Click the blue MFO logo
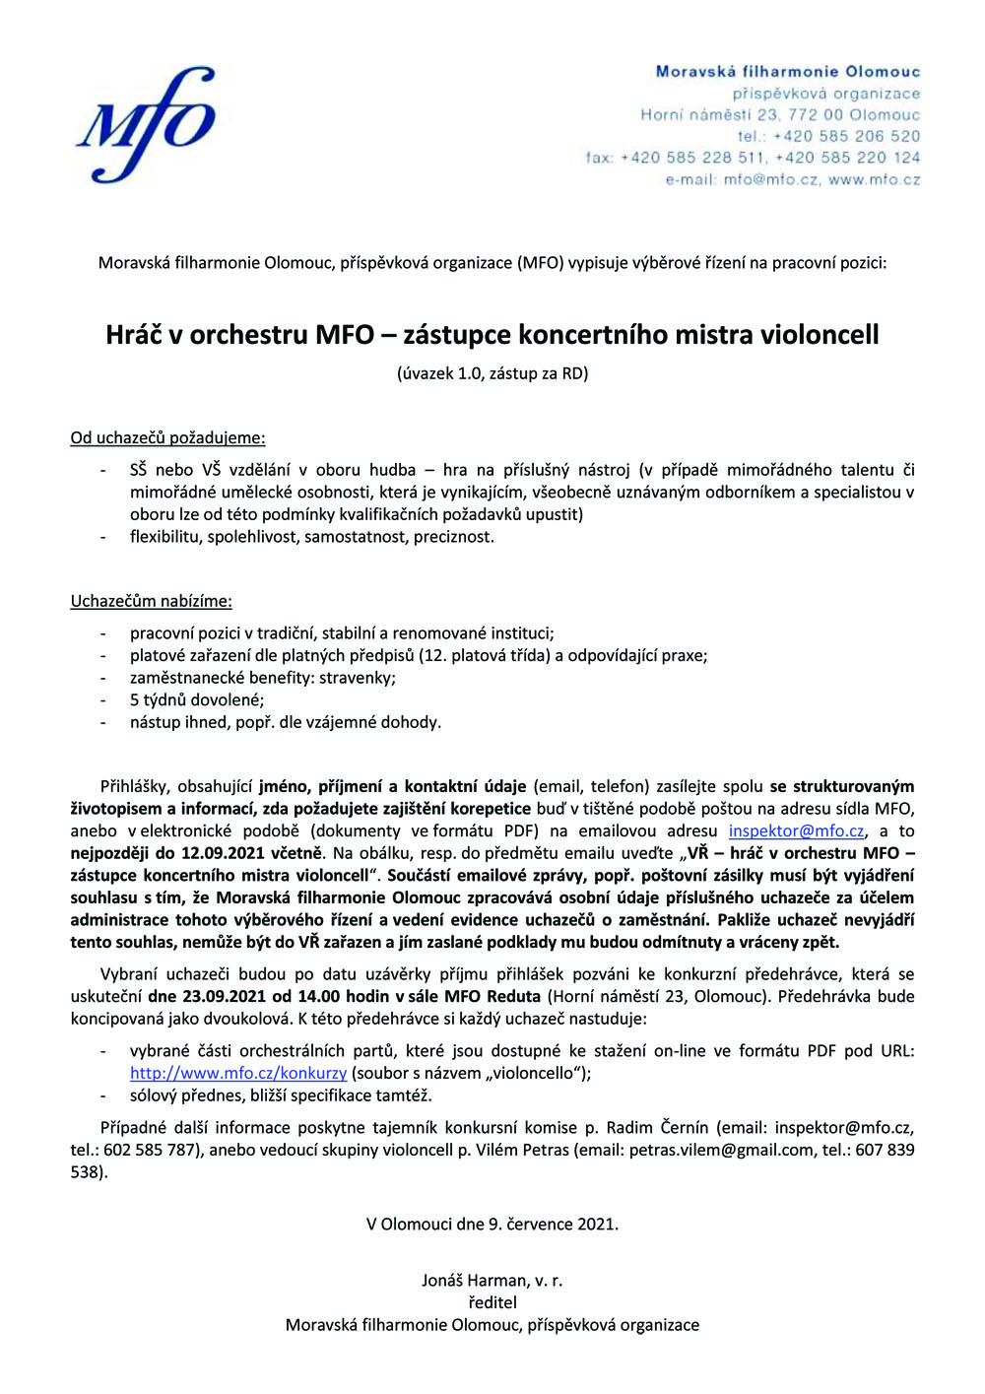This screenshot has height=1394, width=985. coord(146,124)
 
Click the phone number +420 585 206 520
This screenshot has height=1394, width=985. coord(846,136)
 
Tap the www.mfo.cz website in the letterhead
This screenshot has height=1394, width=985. coord(874,179)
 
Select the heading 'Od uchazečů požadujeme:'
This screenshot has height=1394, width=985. coord(167,437)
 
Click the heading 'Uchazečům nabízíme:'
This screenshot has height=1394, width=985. coord(151,601)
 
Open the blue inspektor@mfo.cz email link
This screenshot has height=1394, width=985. coord(796,830)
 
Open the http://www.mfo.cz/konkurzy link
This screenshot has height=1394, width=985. coord(237,1073)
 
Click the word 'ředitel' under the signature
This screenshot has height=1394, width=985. coord(492,1302)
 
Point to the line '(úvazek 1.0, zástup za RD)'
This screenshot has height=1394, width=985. coord(492,373)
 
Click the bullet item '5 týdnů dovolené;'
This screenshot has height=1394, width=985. coord(197,700)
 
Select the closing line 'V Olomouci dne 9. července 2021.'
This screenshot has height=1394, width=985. coord(492,1225)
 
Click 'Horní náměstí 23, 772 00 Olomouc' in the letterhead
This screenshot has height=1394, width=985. coord(780,114)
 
